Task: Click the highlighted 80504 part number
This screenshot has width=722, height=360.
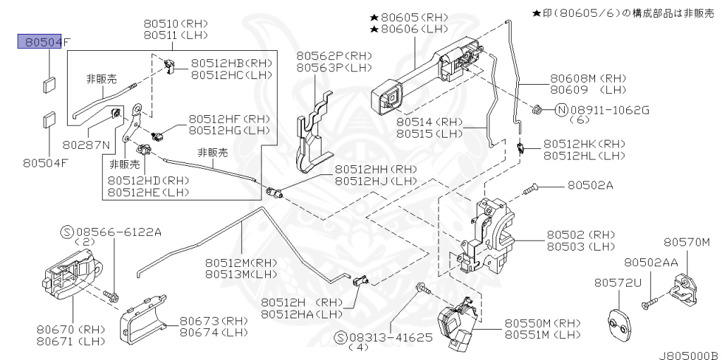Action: pyautogui.click(x=41, y=42)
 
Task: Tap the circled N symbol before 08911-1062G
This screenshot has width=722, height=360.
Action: pyautogui.click(x=561, y=109)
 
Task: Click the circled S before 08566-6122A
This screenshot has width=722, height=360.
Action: pyautogui.click(x=67, y=231)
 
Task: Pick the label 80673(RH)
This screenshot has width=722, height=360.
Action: pyautogui.click(x=212, y=320)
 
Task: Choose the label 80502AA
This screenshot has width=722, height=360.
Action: pyautogui.click(x=651, y=262)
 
